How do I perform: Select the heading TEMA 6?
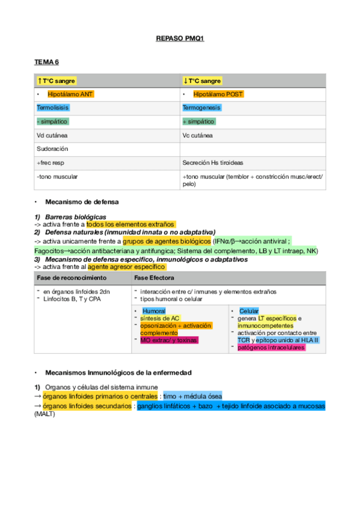pyautogui.click(x=46, y=63)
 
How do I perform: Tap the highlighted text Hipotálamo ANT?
pyautogui.click(x=70, y=94)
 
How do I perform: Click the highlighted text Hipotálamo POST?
pyautogui.click(x=218, y=94)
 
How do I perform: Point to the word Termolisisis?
pyautogui.click(x=53, y=108)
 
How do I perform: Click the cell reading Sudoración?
pyautogui.click(x=52, y=149)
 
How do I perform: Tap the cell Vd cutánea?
pyautogui.click(x=52, y=135)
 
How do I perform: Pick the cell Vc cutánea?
pyautogui.click(x=197, y=135)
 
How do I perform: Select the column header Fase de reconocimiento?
pyautogui.click(x=72, y=278)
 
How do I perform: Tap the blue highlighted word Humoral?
pyautogui.click(x=154, y=311)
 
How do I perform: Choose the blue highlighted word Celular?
pyautogui.click(x=249, y=311)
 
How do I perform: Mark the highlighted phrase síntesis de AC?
pyautogui.click(x=159, y=318)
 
